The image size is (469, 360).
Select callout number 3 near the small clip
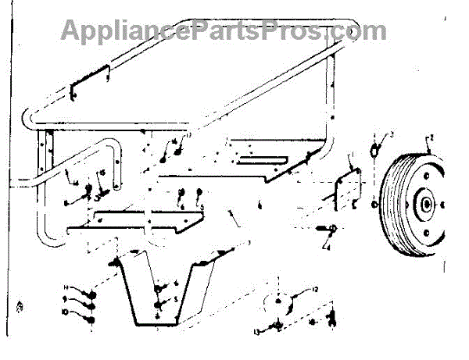pyautogui.click(x=391, y=135)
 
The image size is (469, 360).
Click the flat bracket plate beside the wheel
pyautogui.click(x=345, y=187)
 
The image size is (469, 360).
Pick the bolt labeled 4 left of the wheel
pyautogui.click(x=327, y=228)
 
